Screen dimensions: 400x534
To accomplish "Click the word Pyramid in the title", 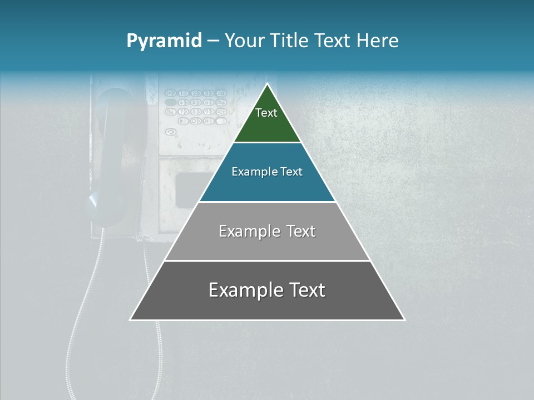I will [x=164, y=41].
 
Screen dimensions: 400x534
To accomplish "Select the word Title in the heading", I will [x=290, y=41].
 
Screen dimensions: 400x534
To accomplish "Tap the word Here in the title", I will [x=378, y=41].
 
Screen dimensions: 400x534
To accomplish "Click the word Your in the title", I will [x=245, y=41].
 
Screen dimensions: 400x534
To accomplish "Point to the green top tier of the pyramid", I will [x=267, y=125].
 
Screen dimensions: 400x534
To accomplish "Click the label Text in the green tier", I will [x=266, y=113].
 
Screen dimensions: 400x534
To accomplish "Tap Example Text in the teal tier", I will [x=267, y=172].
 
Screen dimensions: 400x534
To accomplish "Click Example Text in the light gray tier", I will [x=267, y=231].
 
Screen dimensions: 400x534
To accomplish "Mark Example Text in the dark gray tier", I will [x=267, y=290].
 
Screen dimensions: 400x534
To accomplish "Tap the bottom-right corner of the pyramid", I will [x=404, y=319].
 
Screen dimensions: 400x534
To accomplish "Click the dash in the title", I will [x=213, y=41].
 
